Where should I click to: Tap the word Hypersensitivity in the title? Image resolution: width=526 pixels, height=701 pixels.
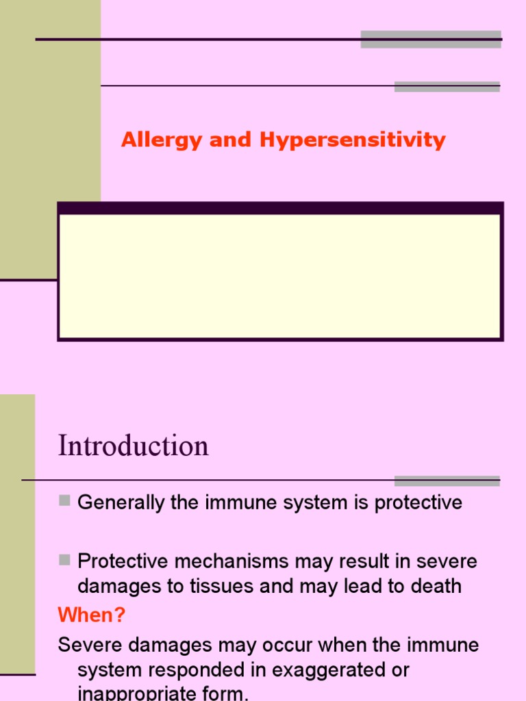pyautogui.click(x=352, y=141)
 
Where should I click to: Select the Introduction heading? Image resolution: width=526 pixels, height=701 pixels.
pyautogui.click(x=134, y=446)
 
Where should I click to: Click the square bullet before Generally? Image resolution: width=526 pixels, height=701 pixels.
pyautogui.click(x=65, y=501)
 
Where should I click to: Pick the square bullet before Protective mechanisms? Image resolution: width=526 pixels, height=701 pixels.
pyautogui.click(x=65, y=560)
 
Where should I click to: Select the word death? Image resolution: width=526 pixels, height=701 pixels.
pyautogui.click(x=436, y=587)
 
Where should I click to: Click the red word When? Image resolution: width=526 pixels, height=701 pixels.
pyautogui.click(x=92, y=615)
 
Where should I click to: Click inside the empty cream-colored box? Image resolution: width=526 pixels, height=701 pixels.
pyautogui.click(x=280, y=276)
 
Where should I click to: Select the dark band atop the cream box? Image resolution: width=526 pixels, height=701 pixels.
pyautogui.click(x=280, y=208)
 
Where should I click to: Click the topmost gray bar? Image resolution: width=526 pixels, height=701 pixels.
pyautogui.click(x=431, y=39)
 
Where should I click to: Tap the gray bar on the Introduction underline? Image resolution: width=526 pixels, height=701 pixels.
pyautogui.click(x=447, y=481)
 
